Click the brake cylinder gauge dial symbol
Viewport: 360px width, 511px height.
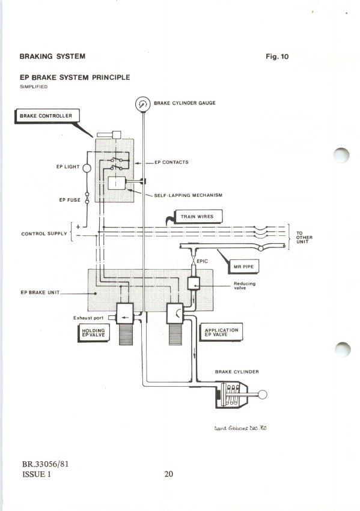coord(143,104)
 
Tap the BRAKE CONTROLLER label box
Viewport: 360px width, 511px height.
coord(47,116)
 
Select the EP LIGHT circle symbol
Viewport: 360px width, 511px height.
coord(87,168)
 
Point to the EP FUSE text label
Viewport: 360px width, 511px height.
coord(70,200)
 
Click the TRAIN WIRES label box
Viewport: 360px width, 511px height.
coord(198,217)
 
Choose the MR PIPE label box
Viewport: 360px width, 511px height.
coord(243,267)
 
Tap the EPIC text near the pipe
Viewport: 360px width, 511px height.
coord(202,261)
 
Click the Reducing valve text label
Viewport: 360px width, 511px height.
coord(245,286)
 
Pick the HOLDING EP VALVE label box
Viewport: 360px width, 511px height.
coord(94,333)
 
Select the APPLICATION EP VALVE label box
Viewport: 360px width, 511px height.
coord(221,332)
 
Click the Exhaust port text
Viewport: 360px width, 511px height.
coord(88,318)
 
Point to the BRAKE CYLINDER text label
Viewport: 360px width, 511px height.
coord(237,372)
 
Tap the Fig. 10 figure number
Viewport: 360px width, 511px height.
coord(277,56)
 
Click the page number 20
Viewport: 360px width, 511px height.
coord(169,474)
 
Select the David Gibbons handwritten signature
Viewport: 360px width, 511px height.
coord(240,428)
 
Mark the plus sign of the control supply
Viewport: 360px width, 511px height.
coord(78,227)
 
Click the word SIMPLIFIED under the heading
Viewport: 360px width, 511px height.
coord(34,86)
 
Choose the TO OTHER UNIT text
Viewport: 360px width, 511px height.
coord(304,237)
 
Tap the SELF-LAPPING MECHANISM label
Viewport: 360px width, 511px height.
coord(188,196)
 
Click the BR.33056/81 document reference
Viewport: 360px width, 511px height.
coord(45,464)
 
